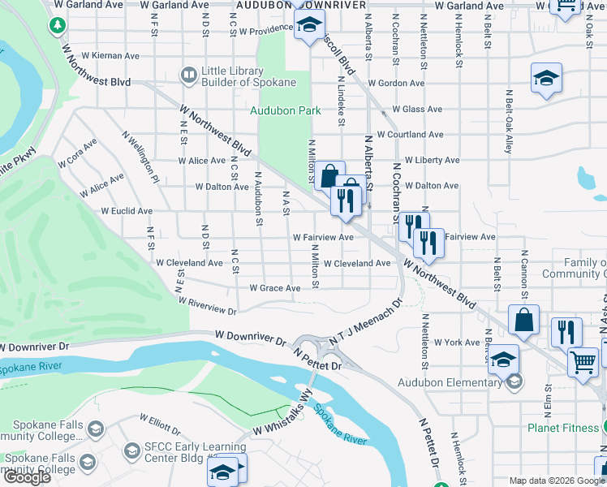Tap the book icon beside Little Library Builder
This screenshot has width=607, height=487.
[x=188, y=76]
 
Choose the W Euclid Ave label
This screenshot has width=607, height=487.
[x=126, y=211]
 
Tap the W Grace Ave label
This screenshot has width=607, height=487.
[x=274, y=288]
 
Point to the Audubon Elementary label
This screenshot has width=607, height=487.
[x=450, y=382]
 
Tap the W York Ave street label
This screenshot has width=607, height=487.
[x=457, y=343]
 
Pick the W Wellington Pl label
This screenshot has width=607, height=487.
[x=140, y=157]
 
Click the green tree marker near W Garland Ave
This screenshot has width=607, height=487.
[x=57, y=25]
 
